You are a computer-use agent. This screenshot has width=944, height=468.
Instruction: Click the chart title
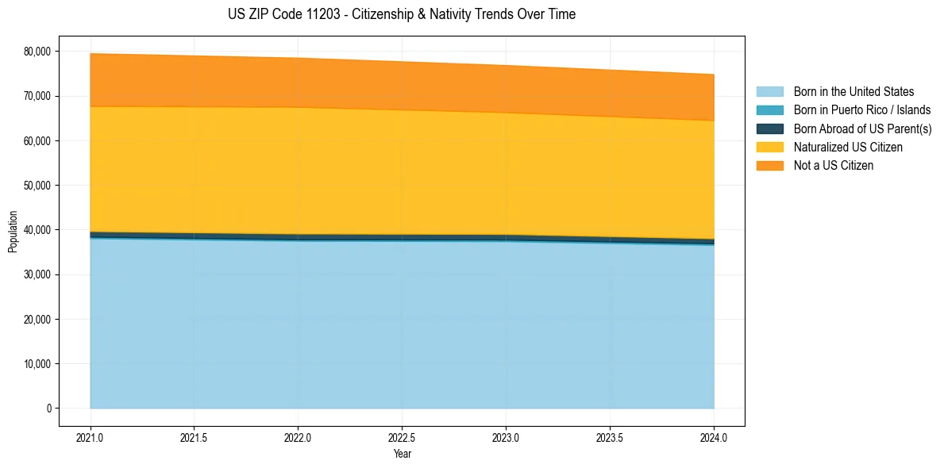(x=402, y=14)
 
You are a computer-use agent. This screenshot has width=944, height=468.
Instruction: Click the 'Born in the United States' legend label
(x=853, y=92)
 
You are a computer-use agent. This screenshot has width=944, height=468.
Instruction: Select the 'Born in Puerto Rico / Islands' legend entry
(x=862, y=110)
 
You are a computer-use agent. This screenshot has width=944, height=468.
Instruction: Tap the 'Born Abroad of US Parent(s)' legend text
(x=862, y=129)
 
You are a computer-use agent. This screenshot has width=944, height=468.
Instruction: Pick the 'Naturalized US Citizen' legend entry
(x=848, y=147)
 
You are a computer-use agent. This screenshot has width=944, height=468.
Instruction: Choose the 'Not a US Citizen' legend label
(x=834, y=165)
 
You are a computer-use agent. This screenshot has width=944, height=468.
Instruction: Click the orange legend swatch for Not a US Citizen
(x=769, y=165)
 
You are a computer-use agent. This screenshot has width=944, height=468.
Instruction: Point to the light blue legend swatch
(x=769, y=92)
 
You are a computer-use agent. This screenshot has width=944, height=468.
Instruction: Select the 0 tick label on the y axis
(x=48, y=409)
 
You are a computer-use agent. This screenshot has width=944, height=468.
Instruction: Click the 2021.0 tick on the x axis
(x=91, y=437)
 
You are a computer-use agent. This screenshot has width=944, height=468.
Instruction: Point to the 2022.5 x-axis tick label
(x=402, y=437)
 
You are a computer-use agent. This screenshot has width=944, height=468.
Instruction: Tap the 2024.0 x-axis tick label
(x=714, y=437)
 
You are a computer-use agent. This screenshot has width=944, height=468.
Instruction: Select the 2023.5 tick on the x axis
(x=610, y=437)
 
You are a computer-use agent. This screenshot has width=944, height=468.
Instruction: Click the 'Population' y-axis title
(x=13, y=232)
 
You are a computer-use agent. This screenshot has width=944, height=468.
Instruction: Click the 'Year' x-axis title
(x=402, y=454)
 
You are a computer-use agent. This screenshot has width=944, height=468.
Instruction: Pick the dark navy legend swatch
(x=769, y=129)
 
